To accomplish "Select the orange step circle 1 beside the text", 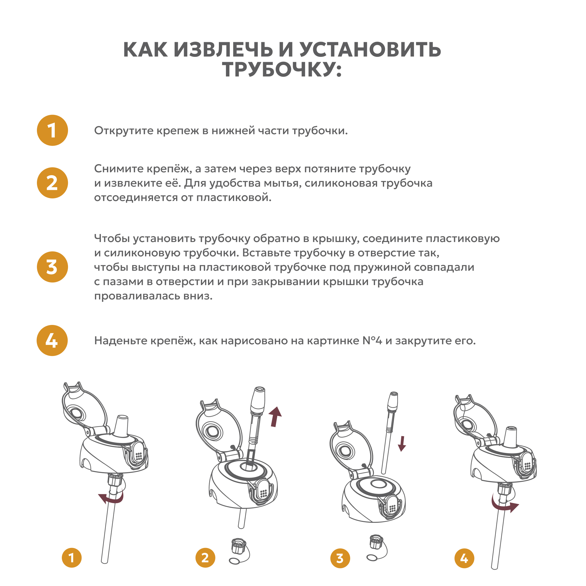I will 52,130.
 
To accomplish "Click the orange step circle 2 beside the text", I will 52,183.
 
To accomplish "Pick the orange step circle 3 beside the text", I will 52,267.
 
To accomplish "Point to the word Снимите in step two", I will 119,169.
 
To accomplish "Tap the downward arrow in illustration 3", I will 402,443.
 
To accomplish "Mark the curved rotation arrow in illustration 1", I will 111,498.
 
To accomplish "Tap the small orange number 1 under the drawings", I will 71,558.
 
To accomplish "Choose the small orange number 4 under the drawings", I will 464,558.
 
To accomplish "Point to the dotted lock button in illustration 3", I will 393,508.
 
